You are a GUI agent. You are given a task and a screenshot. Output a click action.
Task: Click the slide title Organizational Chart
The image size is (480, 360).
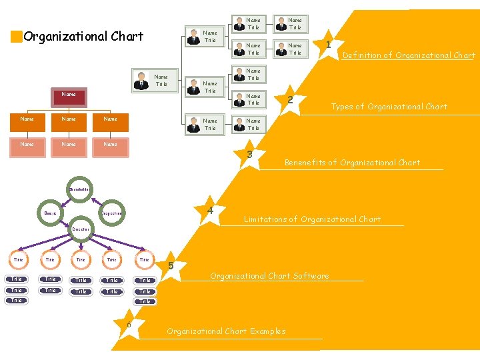click(83, 37)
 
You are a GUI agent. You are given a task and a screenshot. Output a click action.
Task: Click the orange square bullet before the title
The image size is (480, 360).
click(17, 37)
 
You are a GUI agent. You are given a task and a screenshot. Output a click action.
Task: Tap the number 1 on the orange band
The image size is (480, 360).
click(329, 44)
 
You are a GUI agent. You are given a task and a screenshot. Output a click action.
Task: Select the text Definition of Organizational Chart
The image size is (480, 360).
click(409, 56)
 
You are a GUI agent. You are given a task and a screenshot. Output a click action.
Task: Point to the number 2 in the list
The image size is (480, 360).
click(290, 99)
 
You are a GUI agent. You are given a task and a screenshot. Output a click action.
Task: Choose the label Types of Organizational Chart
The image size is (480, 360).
click(389, 107)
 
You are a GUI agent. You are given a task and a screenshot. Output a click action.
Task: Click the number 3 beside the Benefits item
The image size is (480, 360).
click(249, 155)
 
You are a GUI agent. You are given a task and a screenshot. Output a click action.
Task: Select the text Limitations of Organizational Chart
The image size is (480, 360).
click(312, 219)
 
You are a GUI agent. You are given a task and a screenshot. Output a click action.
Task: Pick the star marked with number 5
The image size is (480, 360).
click(171, 266)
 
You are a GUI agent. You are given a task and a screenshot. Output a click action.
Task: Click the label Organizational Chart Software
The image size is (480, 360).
click(269, 276)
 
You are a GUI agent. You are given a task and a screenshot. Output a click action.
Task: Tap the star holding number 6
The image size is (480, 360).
click(129, 325)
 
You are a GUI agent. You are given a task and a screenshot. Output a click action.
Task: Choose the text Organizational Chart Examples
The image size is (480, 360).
click(226, 331)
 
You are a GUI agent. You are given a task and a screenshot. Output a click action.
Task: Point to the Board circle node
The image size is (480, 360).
click(50, 213)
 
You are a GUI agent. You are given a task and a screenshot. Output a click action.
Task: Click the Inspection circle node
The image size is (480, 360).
click(111, 213)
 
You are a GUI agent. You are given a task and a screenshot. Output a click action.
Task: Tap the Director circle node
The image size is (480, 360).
click(80, 229)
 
